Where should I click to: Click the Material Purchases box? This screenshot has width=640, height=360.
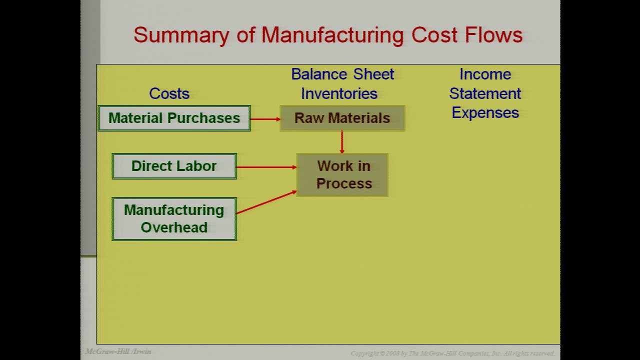(x=174, y=118)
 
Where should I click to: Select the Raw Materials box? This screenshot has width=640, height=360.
(x=342, y=118)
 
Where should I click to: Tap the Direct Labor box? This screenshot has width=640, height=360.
(x=174, y=166)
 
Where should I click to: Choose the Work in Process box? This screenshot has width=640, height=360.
(x=342, y=175)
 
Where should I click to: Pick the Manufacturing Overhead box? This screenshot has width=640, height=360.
(x=174, y=219)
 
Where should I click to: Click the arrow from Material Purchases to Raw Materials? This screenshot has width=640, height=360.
(x=265, y=119)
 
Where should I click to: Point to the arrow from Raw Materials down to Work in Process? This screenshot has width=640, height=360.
(x=341, y=142)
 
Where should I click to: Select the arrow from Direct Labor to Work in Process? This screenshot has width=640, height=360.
(x=266, y=167)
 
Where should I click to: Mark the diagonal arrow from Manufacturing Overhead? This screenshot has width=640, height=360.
(x=266, y=202)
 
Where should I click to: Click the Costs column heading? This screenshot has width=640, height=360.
(x=169, y=93)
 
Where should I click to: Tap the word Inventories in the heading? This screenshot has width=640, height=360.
(x=339, y=93)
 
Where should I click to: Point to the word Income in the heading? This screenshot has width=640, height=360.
(x=485, y=74)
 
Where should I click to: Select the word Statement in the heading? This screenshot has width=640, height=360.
(x=485, y=93)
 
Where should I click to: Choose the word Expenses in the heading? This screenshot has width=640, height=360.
(x=485, y=112)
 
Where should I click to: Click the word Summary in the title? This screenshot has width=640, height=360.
(x=181, y=35)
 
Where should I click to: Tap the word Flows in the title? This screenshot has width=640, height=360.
(x=494, y=35)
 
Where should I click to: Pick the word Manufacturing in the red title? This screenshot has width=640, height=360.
(x=332, y=35)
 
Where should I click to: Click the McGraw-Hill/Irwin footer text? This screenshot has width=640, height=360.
(x=118, y=351)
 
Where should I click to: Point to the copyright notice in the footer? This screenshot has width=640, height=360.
(x=452, y=353)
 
